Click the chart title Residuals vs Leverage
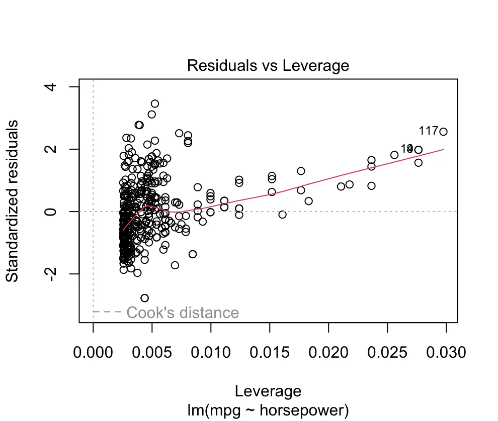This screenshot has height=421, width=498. click(x=268, y=65)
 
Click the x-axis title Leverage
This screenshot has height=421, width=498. click(x=268, y=391)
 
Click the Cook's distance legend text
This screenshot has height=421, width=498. click(x=183, y=313)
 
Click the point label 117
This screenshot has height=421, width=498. click(x=428, y=131)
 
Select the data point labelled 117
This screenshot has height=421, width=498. click(x=443, y=132)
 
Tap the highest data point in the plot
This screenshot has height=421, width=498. click(x=155, y=103)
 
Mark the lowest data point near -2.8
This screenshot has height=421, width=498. click(x=145, y=298)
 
